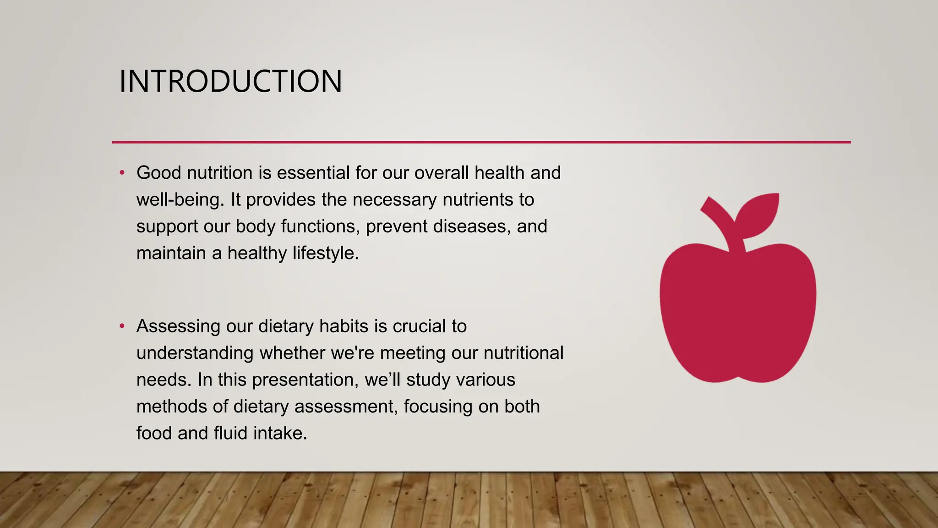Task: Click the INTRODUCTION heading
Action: pyautogui.click(x=230, y=82)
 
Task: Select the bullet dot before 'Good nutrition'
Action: pyautogui.click(x=122, y=173)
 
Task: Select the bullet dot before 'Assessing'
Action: pyautogui.click(x=122, y=326)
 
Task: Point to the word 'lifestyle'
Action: pyautogui.click(x=325, y=253)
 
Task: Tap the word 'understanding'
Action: pyautogui.click(x=195, y=353)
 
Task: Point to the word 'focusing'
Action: pyautogui.click(x=437, y=407)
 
